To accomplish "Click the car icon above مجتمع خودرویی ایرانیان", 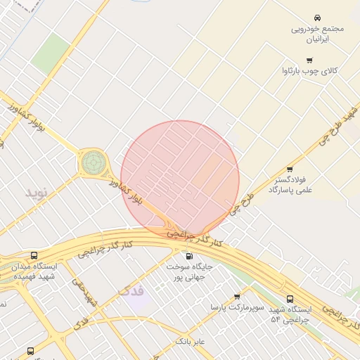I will (x=318, y=18).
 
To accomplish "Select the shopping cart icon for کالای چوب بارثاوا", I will (x=309, y=60).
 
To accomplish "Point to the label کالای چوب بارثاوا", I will (x=309, y=72).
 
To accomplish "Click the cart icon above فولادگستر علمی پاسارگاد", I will (x=290, y=169).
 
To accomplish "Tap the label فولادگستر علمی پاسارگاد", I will (x=290, y=184).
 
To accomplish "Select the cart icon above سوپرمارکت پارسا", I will (x=237, y=297).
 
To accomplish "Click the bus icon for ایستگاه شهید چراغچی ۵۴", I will (x=290, y=299).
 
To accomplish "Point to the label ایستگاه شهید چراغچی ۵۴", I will (x=290, y=314).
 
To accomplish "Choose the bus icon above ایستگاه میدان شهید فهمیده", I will (x=34, y=256).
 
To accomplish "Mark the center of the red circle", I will (x=180, y=179).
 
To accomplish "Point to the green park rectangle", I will (x=50, y=53).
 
